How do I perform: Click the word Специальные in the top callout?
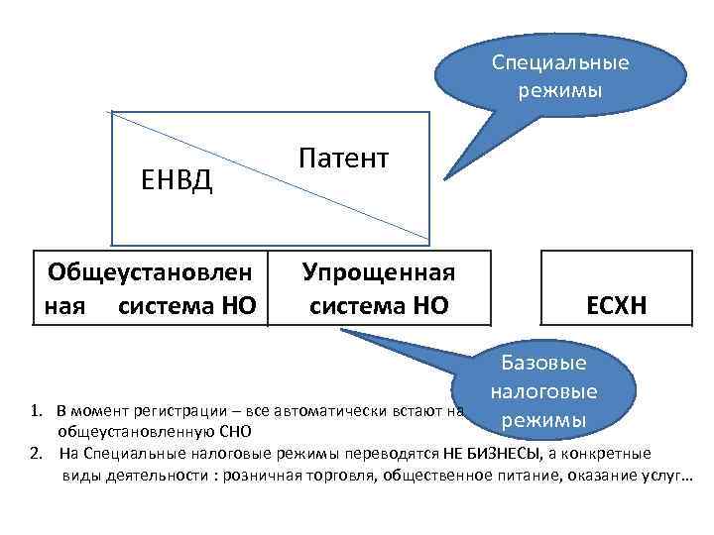coord(561,62)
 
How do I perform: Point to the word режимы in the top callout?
coord(560,90)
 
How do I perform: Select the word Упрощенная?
coord(379,272)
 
